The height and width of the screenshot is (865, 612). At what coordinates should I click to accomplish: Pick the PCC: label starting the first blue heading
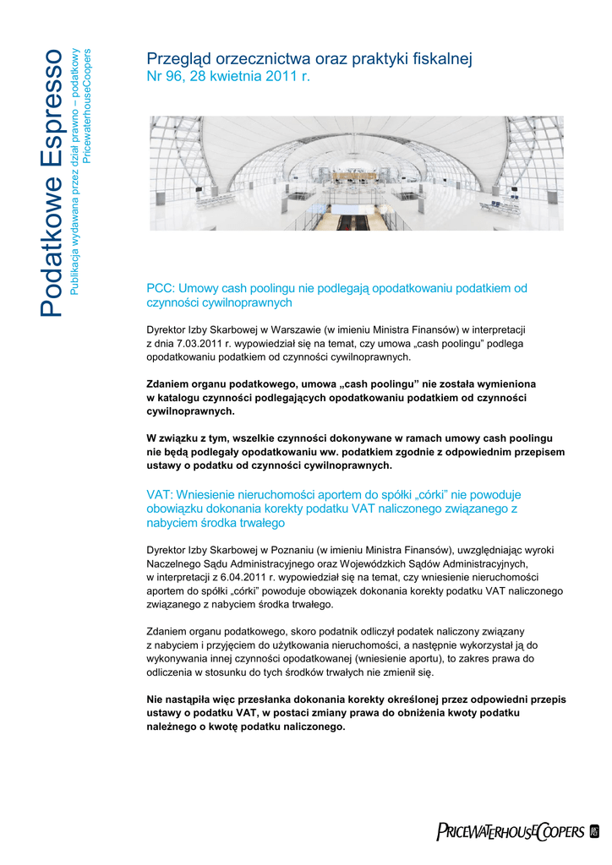161,288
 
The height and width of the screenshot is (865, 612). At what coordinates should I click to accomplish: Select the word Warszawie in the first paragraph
292,329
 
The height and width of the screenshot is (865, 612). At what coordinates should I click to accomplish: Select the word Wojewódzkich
375,563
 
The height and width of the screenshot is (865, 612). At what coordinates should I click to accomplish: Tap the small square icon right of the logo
593,832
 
